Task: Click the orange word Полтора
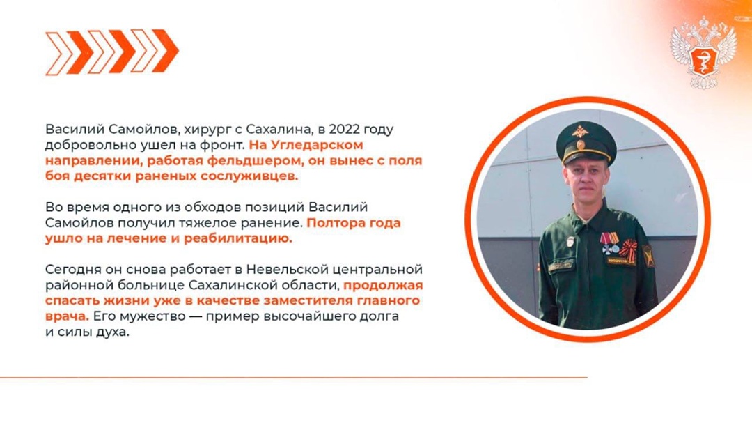click(x=337, y=224)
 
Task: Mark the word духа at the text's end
click(x=113, y=332)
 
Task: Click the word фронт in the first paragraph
click(x=224, y=146)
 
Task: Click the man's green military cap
click(x=586, y=139)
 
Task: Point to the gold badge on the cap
click(x=579, y=131)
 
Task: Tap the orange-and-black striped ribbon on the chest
click(x=629, y=249)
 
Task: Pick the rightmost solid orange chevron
click(x=166, y=51)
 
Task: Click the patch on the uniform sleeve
click(x=648, y=256)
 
